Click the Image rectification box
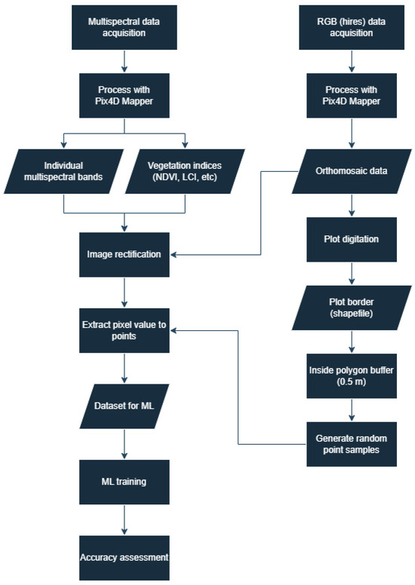pos(124,254)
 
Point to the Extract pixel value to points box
pos(124,329)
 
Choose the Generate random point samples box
pos(351,443)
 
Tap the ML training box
pos(124,482)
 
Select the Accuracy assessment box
pos(124,557)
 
